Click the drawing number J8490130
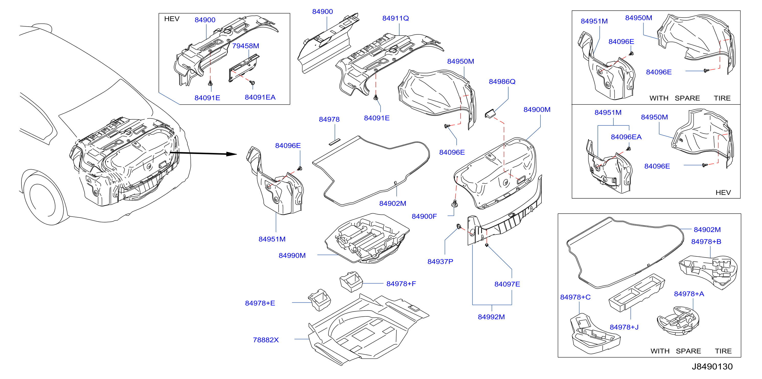(712, 366)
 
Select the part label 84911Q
(395, 18)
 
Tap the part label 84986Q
(502, 82)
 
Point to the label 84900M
(537, 110)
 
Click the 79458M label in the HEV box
(246, 46)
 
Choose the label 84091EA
(260, 98)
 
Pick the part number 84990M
(292, 256)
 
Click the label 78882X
(266, 340)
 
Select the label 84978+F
(401, 284)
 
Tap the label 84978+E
(260, 303)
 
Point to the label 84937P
(440, 262)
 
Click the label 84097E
(507, 284)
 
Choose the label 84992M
(491, 317)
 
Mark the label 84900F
(424, 217)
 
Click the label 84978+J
(624, 327)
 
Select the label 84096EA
(626, 137)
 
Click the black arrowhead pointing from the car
(232, 154)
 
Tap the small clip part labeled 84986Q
(490, 114)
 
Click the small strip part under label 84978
(335, 142)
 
